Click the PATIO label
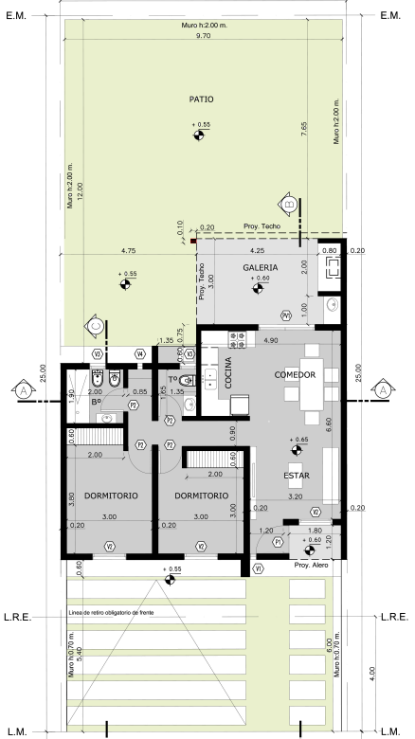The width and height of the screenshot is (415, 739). click(x=200, y=99)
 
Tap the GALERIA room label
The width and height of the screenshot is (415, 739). click(x=260, y=268)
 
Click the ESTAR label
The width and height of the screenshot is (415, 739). click(x=297, y=476)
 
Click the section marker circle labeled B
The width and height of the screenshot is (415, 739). click(x=290, y=205)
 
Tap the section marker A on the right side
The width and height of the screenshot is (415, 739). click(x=381, y=389)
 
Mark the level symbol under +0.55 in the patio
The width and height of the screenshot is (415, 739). click(x=200, y=136)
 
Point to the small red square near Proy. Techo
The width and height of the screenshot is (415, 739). click(x=193, y=241)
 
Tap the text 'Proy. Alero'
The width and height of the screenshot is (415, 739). click(x=311, y=566)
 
